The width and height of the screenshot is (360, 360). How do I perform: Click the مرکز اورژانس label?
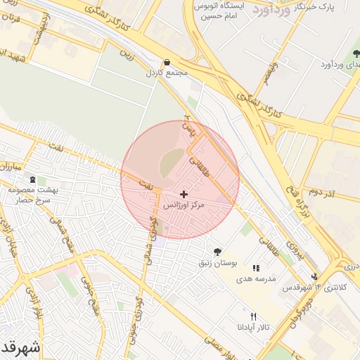[x=183, y=206]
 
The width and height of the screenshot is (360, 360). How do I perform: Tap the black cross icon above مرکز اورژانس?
[x=184, y=194]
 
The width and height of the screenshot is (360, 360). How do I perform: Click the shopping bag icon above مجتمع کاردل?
[x=166, y=62]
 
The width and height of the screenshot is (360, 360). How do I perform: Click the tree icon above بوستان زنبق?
[x=217, y=251]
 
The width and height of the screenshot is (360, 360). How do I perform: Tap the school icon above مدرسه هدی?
[x=257, y=268]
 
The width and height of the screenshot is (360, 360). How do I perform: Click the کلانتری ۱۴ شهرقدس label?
[x=314, y=288]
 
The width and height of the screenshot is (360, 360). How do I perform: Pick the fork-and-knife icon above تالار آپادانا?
[x=254, y=316]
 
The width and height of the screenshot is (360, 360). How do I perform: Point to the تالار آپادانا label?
[x=252, y=328]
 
